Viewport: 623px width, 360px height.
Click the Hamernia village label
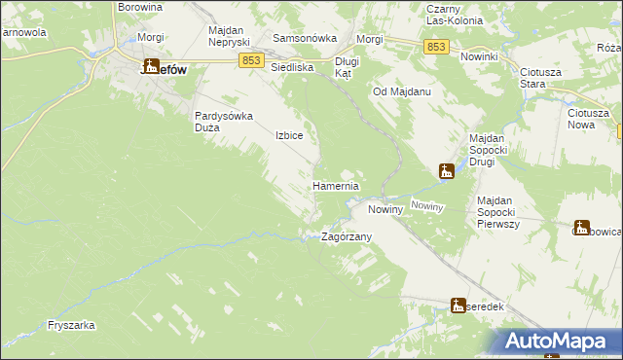[336, 186]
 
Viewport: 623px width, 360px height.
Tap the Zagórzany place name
[348, 236]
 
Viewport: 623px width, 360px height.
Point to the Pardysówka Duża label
[224, 121]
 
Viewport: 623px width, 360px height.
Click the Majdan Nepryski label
[230, 37]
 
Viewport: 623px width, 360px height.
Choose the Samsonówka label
[305, 38]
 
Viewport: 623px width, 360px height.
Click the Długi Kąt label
[348, 67]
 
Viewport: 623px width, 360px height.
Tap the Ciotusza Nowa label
[588, 119]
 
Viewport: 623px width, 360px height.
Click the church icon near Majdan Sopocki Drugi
[447, 171]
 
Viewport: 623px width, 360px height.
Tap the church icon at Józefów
[151, 66]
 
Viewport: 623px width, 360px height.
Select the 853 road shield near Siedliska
[251, 60]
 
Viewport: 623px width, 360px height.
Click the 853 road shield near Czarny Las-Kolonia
[436, 47]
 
